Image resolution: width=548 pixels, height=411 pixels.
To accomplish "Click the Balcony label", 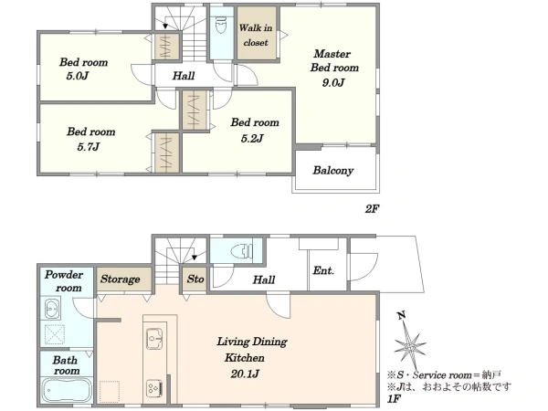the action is point(333,171).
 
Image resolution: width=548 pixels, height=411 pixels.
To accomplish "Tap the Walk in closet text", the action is point(256,35).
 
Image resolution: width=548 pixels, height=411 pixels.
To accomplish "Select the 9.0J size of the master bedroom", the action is point(333,83).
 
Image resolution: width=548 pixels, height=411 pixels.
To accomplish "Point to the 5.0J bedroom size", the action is point(78,76).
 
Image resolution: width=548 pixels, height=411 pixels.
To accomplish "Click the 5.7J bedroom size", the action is point(89,146).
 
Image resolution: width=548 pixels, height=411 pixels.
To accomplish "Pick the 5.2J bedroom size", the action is point(252,139).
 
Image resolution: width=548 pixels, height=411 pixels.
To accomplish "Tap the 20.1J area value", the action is point(245,374).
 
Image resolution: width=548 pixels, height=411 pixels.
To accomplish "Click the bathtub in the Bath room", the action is point(67,391).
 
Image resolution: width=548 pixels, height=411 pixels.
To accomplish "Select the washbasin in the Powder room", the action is point(52,309).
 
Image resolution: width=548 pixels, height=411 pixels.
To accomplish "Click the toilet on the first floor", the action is point(242,250).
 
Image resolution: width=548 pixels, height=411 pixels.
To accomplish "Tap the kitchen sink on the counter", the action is point(154,338).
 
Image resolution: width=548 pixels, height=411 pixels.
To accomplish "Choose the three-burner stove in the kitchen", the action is point(154,388).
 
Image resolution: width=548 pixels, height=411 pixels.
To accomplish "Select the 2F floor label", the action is point(373,209).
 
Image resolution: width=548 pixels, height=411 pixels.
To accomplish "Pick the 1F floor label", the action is point(394,399).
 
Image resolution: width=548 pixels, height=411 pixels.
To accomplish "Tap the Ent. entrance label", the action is point(323,270).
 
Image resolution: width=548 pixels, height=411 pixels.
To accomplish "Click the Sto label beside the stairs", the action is point(195,279).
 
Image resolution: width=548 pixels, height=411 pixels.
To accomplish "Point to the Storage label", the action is point(121,279).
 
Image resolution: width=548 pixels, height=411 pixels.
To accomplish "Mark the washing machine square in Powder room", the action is point(55,334).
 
